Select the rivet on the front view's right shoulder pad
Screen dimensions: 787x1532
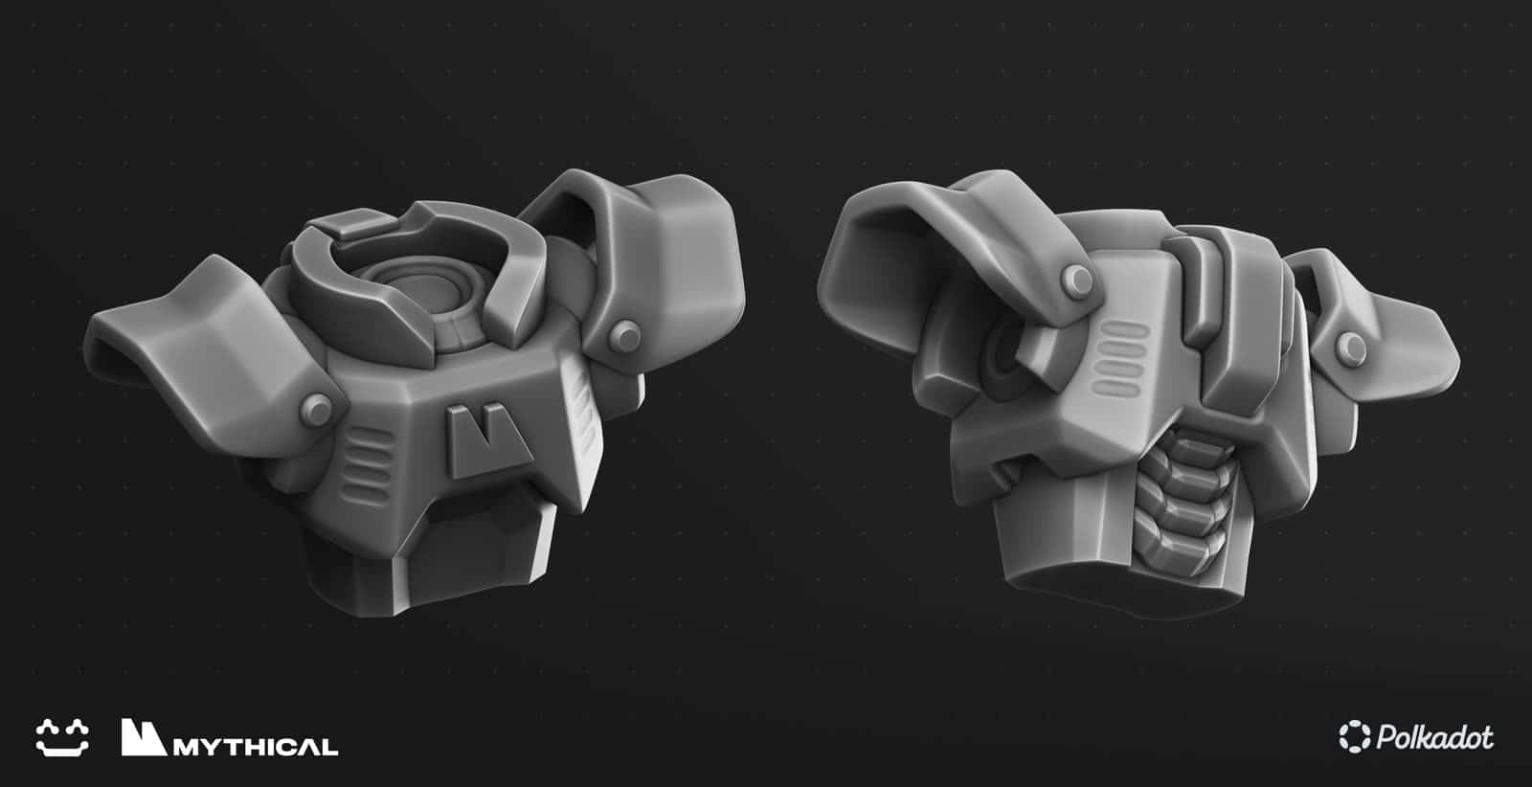[627, 334]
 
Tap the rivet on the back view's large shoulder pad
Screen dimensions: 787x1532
[1077, 279]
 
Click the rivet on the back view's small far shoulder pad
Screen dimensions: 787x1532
[1352, 347]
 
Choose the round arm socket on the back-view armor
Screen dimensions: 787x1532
[1008, 358]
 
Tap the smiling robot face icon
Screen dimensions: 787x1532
[63, 737]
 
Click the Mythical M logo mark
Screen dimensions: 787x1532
[144, 736]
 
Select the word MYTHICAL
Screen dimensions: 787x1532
[257, 746]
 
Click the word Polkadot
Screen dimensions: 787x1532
[1434, 737]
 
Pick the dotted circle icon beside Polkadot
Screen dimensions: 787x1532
[1355, 737]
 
